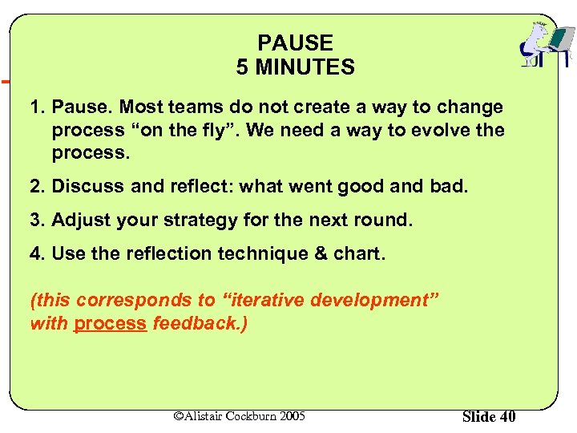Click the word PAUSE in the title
[x=295, y=43]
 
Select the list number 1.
[x=35, y=107]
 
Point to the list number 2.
[x=35, y=186]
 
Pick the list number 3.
[x=35, y=221]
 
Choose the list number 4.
[x=35, y=254]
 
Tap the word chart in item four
[x=360, y=254]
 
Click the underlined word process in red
[x=110, y=323]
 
